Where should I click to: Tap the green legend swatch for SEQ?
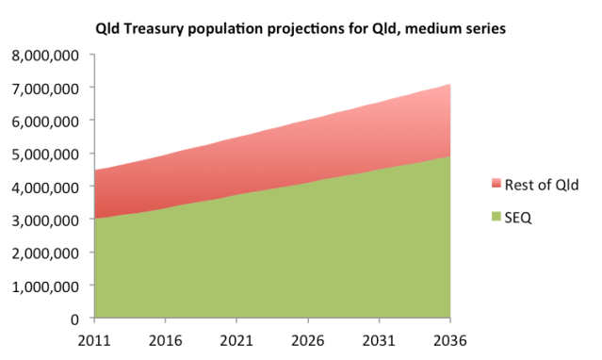pos(498,217)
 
